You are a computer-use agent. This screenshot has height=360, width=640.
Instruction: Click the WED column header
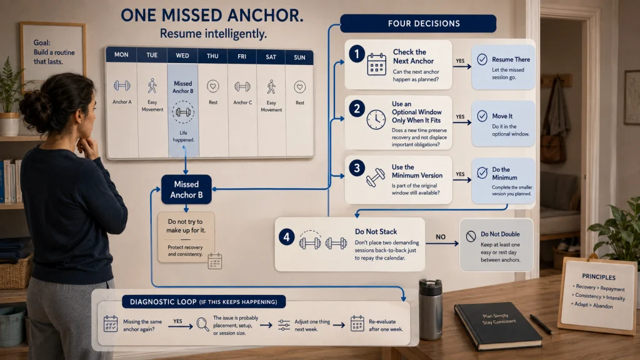(182, 56)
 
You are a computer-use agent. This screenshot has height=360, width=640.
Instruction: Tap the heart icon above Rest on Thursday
(212, 86)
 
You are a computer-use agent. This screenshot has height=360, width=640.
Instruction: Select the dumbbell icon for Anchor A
(122, 85)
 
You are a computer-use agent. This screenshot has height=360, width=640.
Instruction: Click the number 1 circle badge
(357, 54)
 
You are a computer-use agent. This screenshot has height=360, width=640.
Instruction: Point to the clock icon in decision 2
(376, 120)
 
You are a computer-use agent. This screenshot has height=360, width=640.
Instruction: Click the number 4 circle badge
(286, 237)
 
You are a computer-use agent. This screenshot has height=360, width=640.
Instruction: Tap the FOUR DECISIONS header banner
(418, 23)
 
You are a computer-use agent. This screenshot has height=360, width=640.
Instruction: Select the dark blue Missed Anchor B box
(186, 189)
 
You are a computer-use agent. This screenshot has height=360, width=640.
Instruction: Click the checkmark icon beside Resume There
(482, 59)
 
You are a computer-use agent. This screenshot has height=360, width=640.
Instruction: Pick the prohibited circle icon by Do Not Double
(471, 236)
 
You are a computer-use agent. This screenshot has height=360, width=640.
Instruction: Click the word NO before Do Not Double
(441, 237)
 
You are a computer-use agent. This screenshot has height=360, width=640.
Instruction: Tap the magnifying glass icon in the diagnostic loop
(202, 324)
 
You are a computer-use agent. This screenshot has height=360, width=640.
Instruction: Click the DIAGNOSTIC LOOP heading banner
(204, 302)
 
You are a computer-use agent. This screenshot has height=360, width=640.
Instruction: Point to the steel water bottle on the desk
(430, 309)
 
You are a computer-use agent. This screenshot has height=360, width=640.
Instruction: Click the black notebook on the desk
(498, 325)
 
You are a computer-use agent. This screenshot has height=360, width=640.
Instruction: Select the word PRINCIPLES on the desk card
(599, 277)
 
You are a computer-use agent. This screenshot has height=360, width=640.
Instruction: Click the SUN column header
(299, 57)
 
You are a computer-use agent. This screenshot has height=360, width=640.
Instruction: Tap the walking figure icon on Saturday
(271, 87)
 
